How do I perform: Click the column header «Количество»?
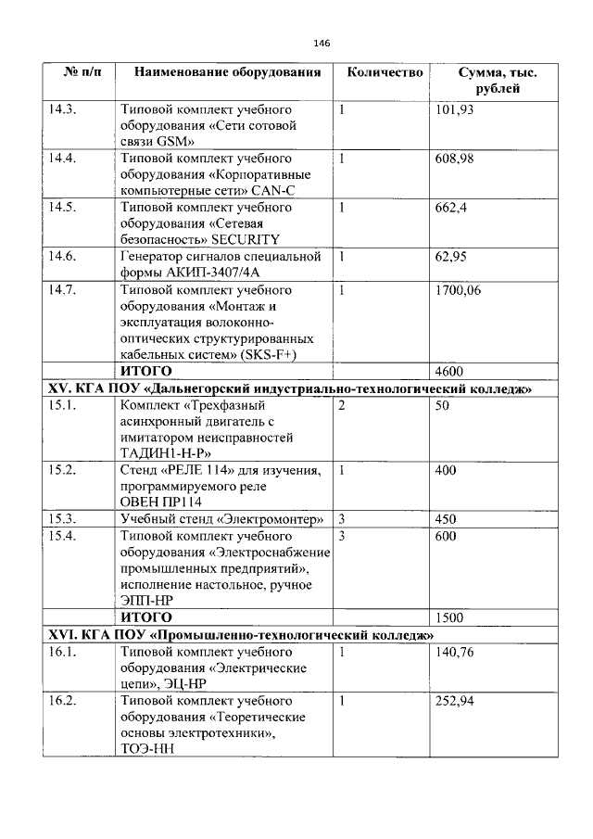(385, 72)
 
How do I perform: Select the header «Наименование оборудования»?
(227, 72)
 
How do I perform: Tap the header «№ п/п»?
(77, 72)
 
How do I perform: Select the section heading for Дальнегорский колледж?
(288, 388)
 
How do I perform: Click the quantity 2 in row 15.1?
(342, 406)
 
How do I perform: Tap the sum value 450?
(446, 519)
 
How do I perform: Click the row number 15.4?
(62, 536)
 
